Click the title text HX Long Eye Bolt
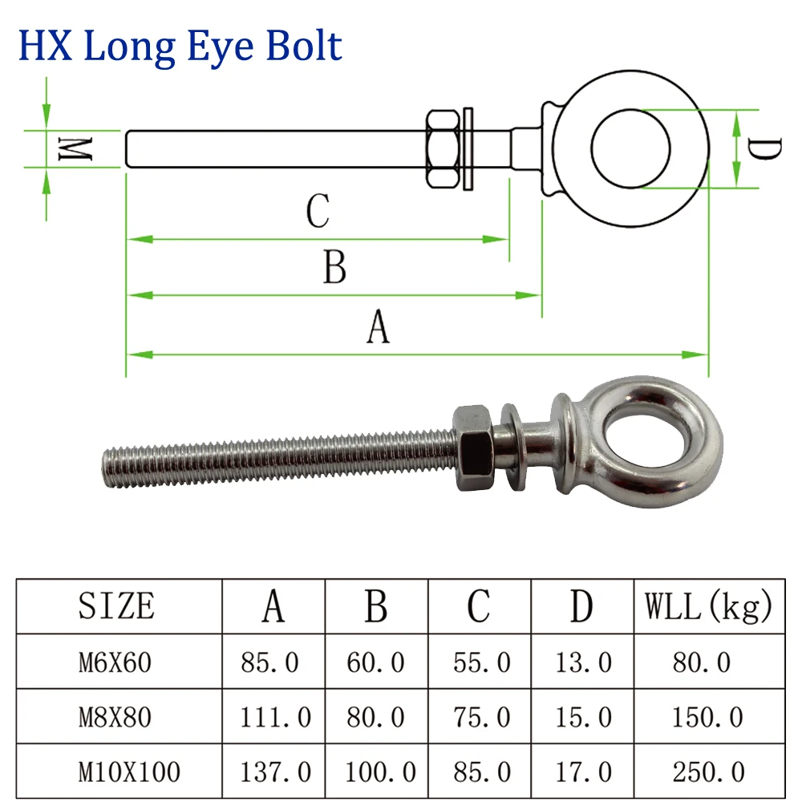coord(180,46)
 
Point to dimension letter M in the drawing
coord(78,148)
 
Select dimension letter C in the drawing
coord(318,212)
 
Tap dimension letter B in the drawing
coord(334,267)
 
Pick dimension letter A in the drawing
coord(378,328)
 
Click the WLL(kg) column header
coord(708,606)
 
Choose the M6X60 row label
coord(115,662)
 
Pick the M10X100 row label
coord(129,772)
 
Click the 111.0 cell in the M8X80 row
coord(275,717)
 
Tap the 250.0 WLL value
coord(707,772)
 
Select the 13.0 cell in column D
coord(583,662)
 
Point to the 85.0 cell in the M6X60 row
coord(270,662)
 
